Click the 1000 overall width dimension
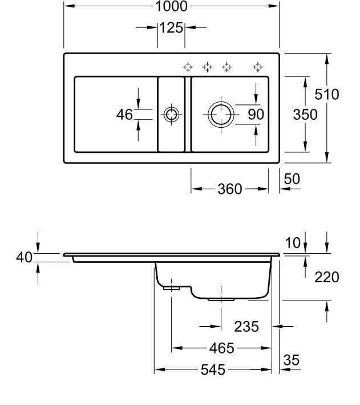click(x=171, y=7)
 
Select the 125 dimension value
click(x=171, y=27)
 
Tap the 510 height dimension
click(x=327, y=95)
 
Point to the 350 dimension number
click(x=305, y=115)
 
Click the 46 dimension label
click(x=124, y=115)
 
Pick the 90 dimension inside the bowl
click(x=256, y=115)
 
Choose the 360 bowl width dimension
click(x=230, y=189)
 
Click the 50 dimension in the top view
click(x=292, y=179)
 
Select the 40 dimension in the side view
click(x=23, y=258)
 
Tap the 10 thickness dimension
click(x=292, y=243)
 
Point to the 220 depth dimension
click(x=327, y=278)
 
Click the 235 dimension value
click(x=246, y=327)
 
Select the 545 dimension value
click(x=212, y=370)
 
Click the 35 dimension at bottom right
click(x=292, y=360)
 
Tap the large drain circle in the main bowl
click(x=220, y=115)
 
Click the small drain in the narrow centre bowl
click(x=171, y=115)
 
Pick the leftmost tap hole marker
click(x=188, y=67)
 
